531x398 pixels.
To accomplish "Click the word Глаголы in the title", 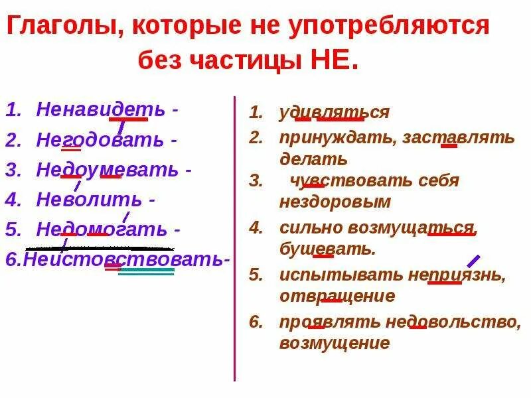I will pos(64,27).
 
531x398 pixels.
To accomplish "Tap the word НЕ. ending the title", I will pos(333,62).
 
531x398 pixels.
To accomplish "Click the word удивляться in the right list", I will pos(334,113).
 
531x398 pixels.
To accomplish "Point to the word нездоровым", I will pos(335,202).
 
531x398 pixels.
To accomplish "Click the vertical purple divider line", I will pos(235,239).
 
